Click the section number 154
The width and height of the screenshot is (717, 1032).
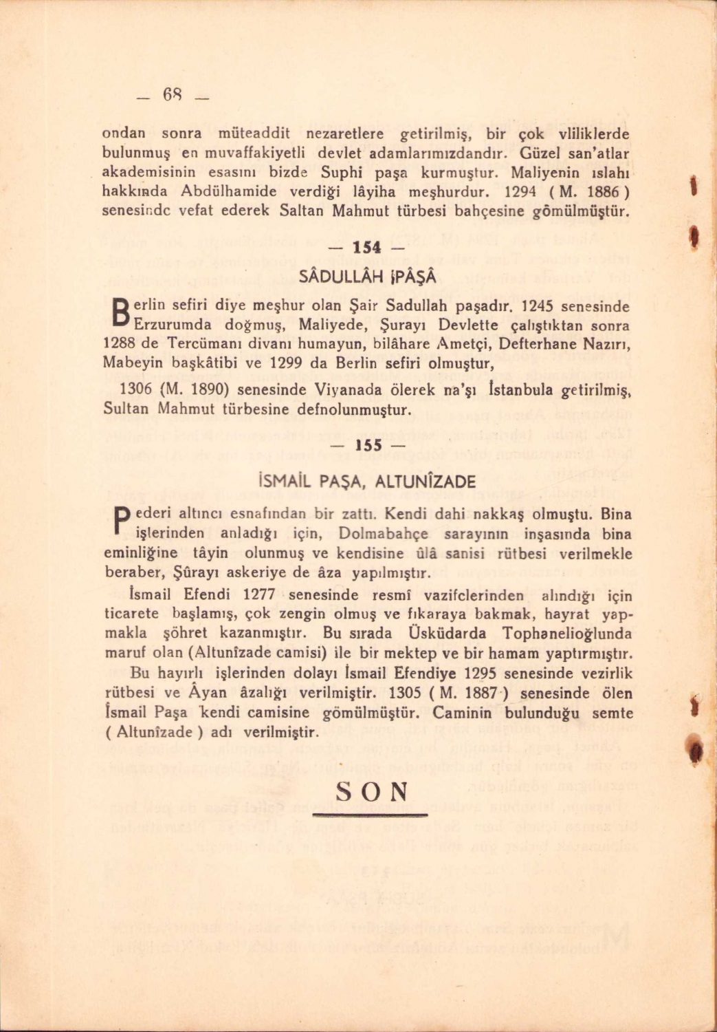point(367,248)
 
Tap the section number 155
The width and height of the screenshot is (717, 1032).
point(368,445)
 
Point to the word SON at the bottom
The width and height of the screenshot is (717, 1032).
point(371,791)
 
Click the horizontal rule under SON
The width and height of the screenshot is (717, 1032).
point(370,815)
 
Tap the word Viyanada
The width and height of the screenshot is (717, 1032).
point(348,390)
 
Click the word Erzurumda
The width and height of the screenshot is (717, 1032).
point(177,325)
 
